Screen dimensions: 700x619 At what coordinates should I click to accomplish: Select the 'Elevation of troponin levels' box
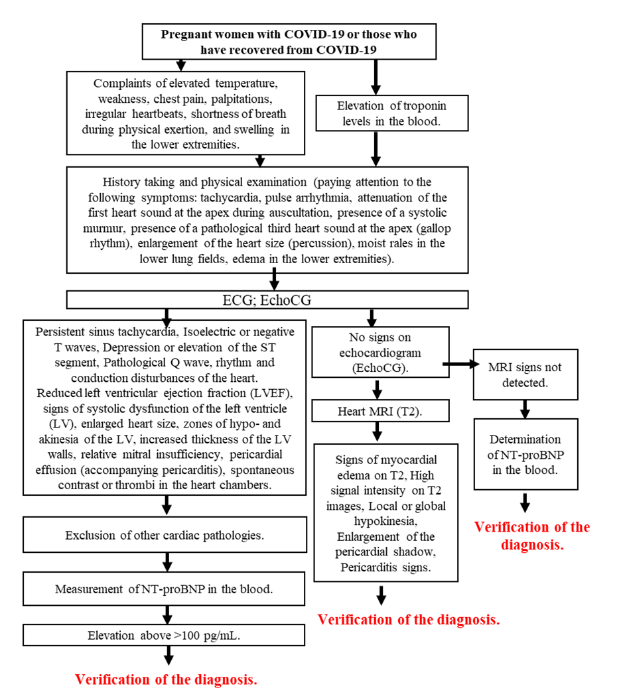click(x=374, y=113)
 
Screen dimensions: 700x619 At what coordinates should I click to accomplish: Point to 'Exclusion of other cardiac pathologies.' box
click(x=165, y=535)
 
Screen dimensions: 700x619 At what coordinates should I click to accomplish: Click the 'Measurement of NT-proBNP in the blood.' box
click(x=165, y=589)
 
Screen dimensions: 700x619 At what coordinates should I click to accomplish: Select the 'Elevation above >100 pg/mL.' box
click(x=165, y=635)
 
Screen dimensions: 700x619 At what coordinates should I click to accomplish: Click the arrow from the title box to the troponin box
click(x=376, y=77)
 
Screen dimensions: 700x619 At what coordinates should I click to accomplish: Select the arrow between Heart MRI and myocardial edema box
click(x=377, y=433)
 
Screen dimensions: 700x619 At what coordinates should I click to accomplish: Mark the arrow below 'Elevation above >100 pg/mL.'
click(x=169, y=656)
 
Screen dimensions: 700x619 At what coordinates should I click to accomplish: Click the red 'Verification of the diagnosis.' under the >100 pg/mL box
click(x=166, y=679)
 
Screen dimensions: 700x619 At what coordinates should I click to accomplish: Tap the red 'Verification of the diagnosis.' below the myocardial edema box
click(x=408, y=620)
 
